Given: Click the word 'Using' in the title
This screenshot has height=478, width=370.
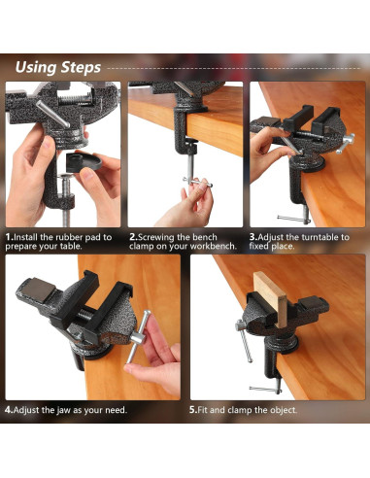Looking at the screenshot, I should pyautogui.click(x=40, y=67).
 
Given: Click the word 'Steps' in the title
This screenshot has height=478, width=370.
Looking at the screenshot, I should pyautogui.click(x=82, y=67).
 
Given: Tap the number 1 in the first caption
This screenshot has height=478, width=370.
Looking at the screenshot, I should pyautogui.click(x=8, y=236).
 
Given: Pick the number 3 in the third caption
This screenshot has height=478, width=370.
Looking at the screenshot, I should pyautogui.click(x=252, y=236).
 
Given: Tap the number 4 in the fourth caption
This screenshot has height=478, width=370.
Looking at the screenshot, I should pyautogui.click(x=8, y=409).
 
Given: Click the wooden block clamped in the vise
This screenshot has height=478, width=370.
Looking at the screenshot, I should pyautogui.click(x=265, y=301).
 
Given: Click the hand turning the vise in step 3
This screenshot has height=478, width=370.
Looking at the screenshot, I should pyautogui.click(x=264, y=146).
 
